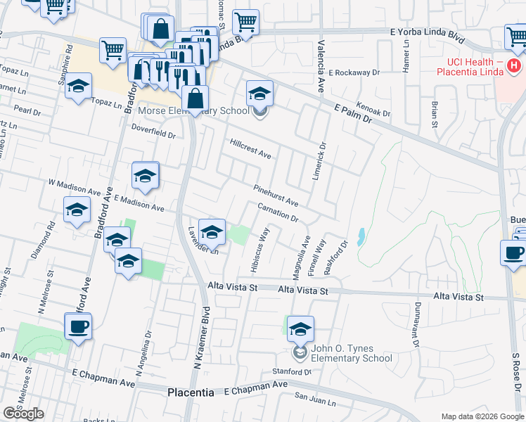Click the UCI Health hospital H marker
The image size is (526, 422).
click(515, 66)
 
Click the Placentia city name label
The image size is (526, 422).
click(191, 392)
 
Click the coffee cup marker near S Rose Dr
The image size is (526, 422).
click(513, 254)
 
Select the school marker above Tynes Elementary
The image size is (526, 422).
click(300, 328)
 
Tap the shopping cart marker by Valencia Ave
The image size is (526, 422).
click(245, 22)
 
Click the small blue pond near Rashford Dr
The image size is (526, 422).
click(361, 237)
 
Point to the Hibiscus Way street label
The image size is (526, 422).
click(259, 250)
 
